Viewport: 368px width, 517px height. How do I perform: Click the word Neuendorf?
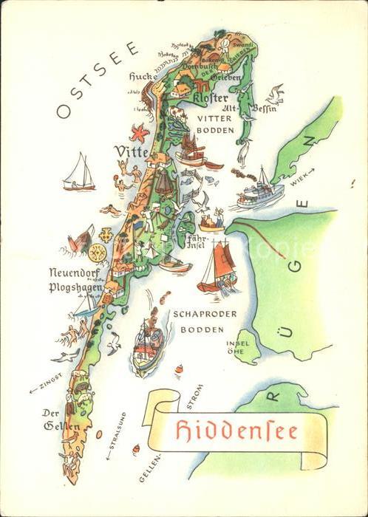(x=73, y=272)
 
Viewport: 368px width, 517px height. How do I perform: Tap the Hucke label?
(x=143, y=76)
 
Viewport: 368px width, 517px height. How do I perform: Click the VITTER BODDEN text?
(x=215, y=123)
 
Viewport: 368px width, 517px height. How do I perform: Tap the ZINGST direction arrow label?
(x=46, y=386)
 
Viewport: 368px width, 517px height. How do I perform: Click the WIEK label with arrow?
(x=302, y=175)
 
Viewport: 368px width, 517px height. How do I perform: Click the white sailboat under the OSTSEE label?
(x=79, y=174)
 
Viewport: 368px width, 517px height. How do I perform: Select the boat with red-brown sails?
(x=217, y=266)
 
